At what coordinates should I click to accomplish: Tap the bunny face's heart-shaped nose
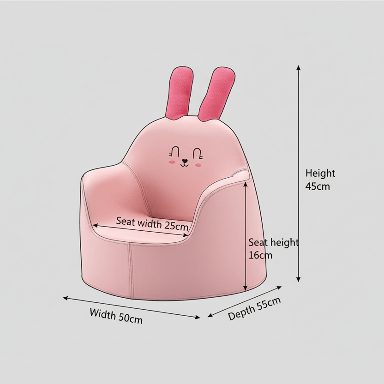click(x=185, y=162)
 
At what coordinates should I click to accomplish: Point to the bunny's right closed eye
click(x=197, y=151)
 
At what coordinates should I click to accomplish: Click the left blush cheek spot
click(x=172, y=162)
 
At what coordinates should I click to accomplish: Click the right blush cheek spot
click(x=198, y=164)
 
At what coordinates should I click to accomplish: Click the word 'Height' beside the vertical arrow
click(x=320, y=174)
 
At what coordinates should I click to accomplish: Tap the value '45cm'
click(x=318, y=186)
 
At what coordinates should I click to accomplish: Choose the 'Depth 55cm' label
click(x=254, y=309)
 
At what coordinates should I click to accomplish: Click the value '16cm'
click(x=260, y=255)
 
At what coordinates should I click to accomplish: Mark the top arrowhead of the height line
click(x=299, y=67)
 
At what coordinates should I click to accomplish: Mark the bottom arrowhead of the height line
click(x=299, y=279)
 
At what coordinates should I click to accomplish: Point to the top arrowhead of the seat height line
click(x=246, y=183)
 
